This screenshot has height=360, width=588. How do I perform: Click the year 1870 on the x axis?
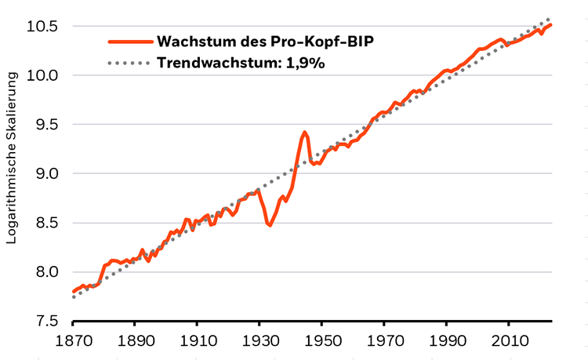[72, 343]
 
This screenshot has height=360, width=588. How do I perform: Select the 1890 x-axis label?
[134, 343]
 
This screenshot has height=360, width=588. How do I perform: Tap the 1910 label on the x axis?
[197, 343]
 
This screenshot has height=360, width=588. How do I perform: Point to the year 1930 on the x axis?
[259, 343]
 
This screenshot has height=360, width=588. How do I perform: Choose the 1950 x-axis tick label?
[321, 343]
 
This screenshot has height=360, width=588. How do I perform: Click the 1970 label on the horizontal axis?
[383, 343]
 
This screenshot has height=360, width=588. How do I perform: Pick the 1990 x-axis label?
[446, 343]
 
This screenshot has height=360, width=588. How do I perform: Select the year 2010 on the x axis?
[508, 343]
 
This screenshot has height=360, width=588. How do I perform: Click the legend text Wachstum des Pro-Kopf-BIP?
[259, 41]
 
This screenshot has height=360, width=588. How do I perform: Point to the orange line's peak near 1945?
[304, 133]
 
